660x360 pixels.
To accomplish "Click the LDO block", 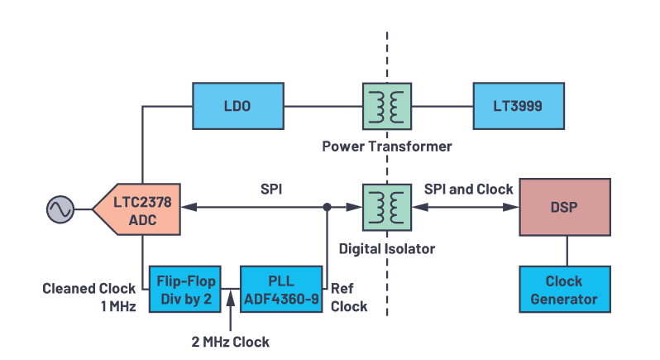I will coord(236,105).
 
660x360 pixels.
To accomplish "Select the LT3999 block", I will coord(519,105).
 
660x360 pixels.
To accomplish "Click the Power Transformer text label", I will coord(387,146).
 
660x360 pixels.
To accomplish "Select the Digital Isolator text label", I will coord(387,248).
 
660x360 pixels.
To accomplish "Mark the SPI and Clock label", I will coord(468,189).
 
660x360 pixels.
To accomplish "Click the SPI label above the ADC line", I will coord(270,189).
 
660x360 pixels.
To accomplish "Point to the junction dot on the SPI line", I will coord(328,207).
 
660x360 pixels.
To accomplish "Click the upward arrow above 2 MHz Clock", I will coord(227,312).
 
